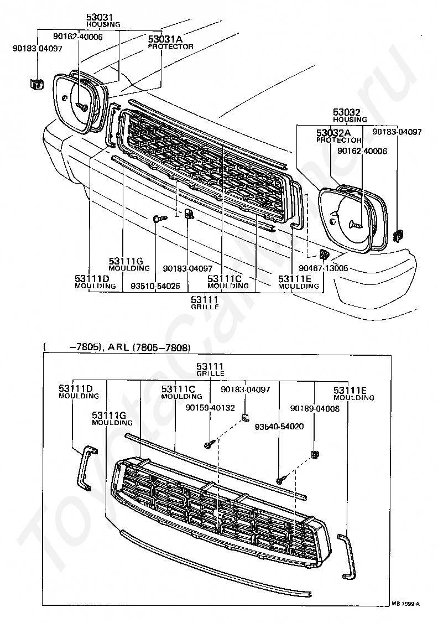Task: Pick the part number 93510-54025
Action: (x=155, y=286)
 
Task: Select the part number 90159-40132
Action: (x=210, y=408)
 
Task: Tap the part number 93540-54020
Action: (x=279, y=427)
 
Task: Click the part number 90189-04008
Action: (x=315, y=408)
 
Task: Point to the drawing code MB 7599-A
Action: (x=405, y=604)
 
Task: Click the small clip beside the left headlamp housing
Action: (x=36, y=84)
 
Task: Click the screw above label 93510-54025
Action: (x=159, y=219)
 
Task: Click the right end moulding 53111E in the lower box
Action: (x=346, y=555)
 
